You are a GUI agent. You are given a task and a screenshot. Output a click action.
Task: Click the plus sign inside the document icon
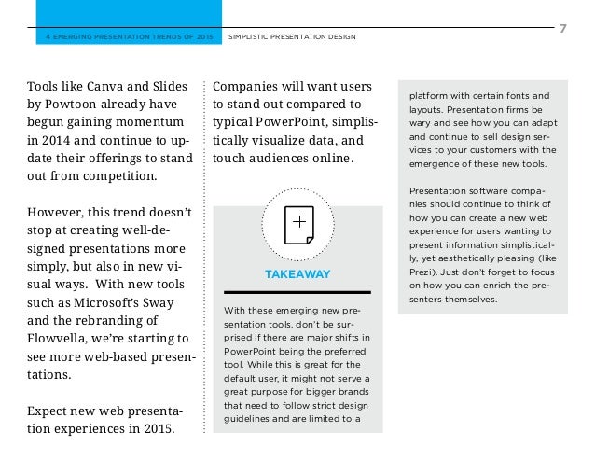pyautogui.click(x=298, y=222)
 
